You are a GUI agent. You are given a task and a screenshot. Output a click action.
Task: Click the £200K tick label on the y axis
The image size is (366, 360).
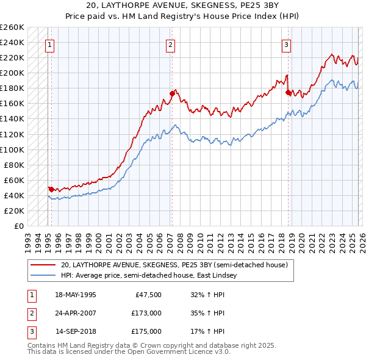click(12, 73)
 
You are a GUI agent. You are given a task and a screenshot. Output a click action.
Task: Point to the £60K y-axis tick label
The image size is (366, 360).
click(14, 180)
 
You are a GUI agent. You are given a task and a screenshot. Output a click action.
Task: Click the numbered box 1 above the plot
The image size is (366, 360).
click(48, 44)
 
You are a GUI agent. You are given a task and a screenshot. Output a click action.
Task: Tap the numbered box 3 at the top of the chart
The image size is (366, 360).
click(286, 44)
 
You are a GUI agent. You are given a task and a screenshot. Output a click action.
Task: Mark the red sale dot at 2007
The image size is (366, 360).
click(172, 93)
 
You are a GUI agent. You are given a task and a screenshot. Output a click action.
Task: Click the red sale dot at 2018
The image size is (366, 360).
click(288, 92)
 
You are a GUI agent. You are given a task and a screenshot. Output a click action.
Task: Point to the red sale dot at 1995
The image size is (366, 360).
click(51, 189)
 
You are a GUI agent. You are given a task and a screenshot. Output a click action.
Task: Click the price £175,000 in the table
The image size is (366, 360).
click(146, 331)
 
